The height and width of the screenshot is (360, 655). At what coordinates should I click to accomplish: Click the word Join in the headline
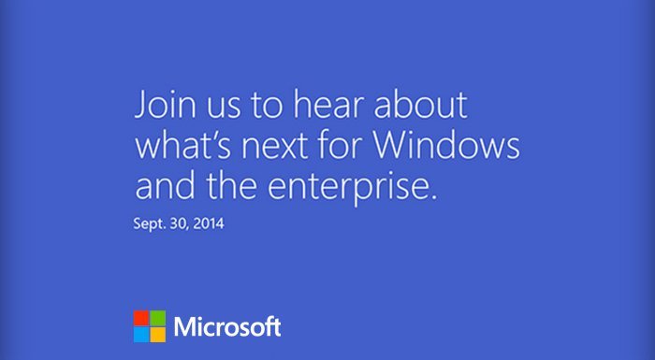[x=162, y=106]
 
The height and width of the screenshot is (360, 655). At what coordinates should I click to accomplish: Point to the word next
[x=277, y=147]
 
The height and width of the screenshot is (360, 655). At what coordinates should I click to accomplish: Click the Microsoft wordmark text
[x=227, y=326]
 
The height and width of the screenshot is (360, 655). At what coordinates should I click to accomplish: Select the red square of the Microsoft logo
[x=140, y=318]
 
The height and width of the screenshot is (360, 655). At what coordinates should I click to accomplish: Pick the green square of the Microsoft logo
[x=157, y=318]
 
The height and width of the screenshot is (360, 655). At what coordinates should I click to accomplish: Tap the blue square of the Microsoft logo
[x=140, y=335]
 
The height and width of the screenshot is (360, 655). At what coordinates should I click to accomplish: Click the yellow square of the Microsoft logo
[x=157, y=335]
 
